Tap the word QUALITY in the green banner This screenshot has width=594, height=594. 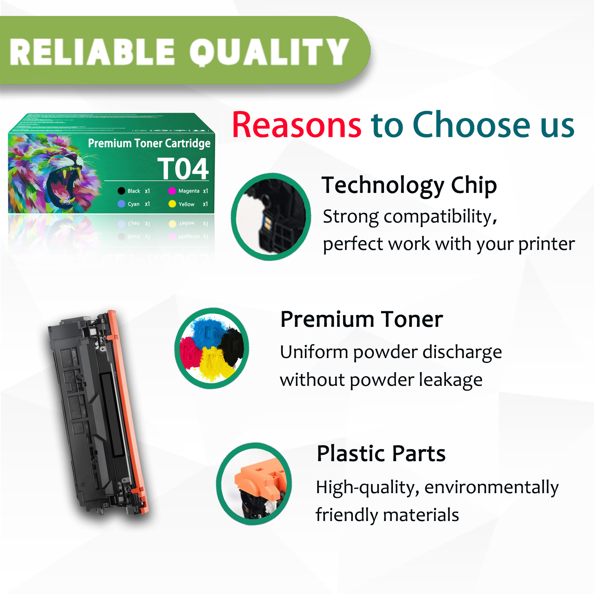pos(269,52)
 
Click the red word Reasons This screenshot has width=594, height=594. pos(296,125)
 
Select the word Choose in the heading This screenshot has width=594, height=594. pos(471,125)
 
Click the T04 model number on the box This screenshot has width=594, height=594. pos(183,169)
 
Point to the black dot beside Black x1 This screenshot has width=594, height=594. pos(121,191)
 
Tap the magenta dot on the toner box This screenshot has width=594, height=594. pos(172,191)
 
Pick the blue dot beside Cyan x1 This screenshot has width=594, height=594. pos(121,204)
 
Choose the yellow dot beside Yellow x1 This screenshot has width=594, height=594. pos(172,204)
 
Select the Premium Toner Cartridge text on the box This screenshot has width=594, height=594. pos(149,143)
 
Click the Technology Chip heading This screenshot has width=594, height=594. pos(409,185)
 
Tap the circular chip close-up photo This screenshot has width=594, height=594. pos(271,217)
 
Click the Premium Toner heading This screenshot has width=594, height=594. pos(362,319)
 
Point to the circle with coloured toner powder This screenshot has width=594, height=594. pos(212,348)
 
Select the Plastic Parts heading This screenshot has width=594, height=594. pos(381,453)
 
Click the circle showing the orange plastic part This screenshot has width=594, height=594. pos(254,484)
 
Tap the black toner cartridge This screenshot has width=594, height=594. pos(98,412)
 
